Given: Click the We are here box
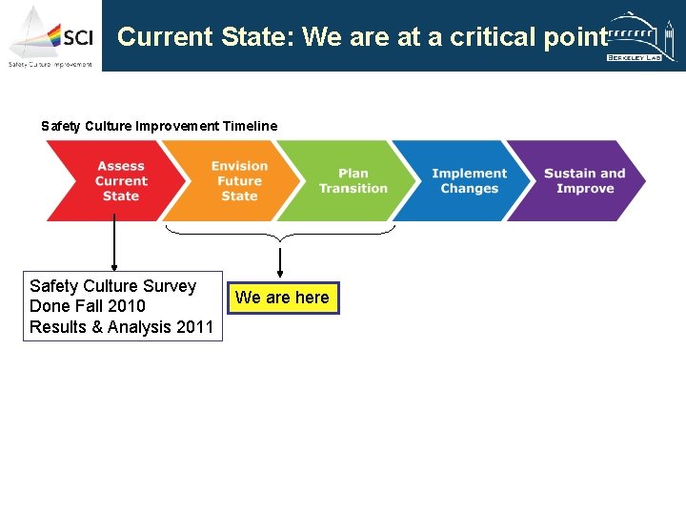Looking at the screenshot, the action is click(x=282, y=298).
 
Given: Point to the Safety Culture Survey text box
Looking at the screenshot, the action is click(x=122, y=306).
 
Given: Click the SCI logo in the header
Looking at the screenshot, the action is click(x=51, y=36).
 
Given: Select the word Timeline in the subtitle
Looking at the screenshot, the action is click(x=250, y=126).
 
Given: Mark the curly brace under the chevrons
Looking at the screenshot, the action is click(x=279, y=230).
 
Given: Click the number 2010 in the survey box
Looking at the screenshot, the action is click(x=127, y=306).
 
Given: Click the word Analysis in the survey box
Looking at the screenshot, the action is click(x=140, y=327).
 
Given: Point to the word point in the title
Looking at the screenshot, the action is click(x=574, y=37).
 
